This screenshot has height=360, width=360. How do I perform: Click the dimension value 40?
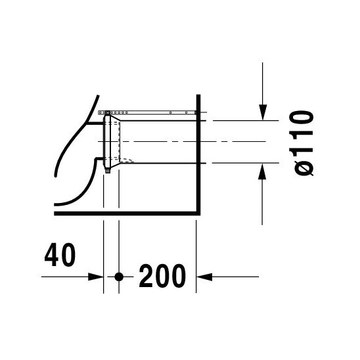pos(60,255)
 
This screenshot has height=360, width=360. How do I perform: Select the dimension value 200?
pos(162,276)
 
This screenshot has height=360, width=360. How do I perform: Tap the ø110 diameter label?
pos(302,143)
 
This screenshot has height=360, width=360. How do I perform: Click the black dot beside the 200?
pos(119,277)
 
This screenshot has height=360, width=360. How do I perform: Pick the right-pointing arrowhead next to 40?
pos(96,277)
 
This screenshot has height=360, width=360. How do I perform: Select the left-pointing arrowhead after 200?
pos(204,277)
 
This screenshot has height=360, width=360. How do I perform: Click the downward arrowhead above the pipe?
pos(263,112)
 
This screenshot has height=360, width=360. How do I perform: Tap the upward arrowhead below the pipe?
pos(262,171)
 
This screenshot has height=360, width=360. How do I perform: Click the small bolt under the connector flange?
pos(108,171)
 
